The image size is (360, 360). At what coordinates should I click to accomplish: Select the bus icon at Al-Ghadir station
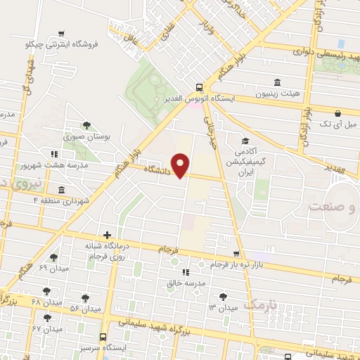pyautogui.click(x=200, y=88)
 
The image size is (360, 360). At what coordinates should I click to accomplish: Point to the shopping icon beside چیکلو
pyautogui.click(x=63, y=33)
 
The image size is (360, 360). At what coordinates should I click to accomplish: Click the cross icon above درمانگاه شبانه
pyautogui.click(x=107, y=236)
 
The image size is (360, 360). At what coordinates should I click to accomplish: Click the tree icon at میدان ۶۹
pyautogui.click(x=53, y=258)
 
